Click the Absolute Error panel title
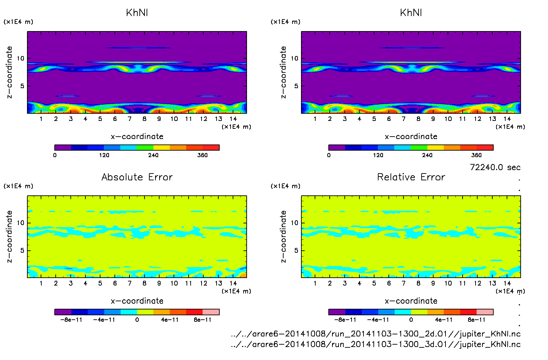pos(137,177)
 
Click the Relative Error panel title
pos(411,177)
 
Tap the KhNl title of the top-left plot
pos(137,13)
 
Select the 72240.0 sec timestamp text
pos(495,167)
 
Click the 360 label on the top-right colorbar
pos(476,155)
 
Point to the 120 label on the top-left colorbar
pos(104,155)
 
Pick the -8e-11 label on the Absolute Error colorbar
pos(71,320)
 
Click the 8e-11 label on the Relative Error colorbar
pos(477,320)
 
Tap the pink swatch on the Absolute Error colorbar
pos(211,312)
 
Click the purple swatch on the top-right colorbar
pos(337,148)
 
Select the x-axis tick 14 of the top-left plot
pos(233,119)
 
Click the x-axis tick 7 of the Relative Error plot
pos(403,283)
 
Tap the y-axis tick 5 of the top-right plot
pos(296,86)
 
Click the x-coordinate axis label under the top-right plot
pos(411,137)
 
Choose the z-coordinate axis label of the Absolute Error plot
pos(10,236)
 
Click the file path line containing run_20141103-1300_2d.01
pos(375,334)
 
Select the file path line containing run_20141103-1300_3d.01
pos(375,344)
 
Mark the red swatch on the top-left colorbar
pos(211,148)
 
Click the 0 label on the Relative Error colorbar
pos(411,320)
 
